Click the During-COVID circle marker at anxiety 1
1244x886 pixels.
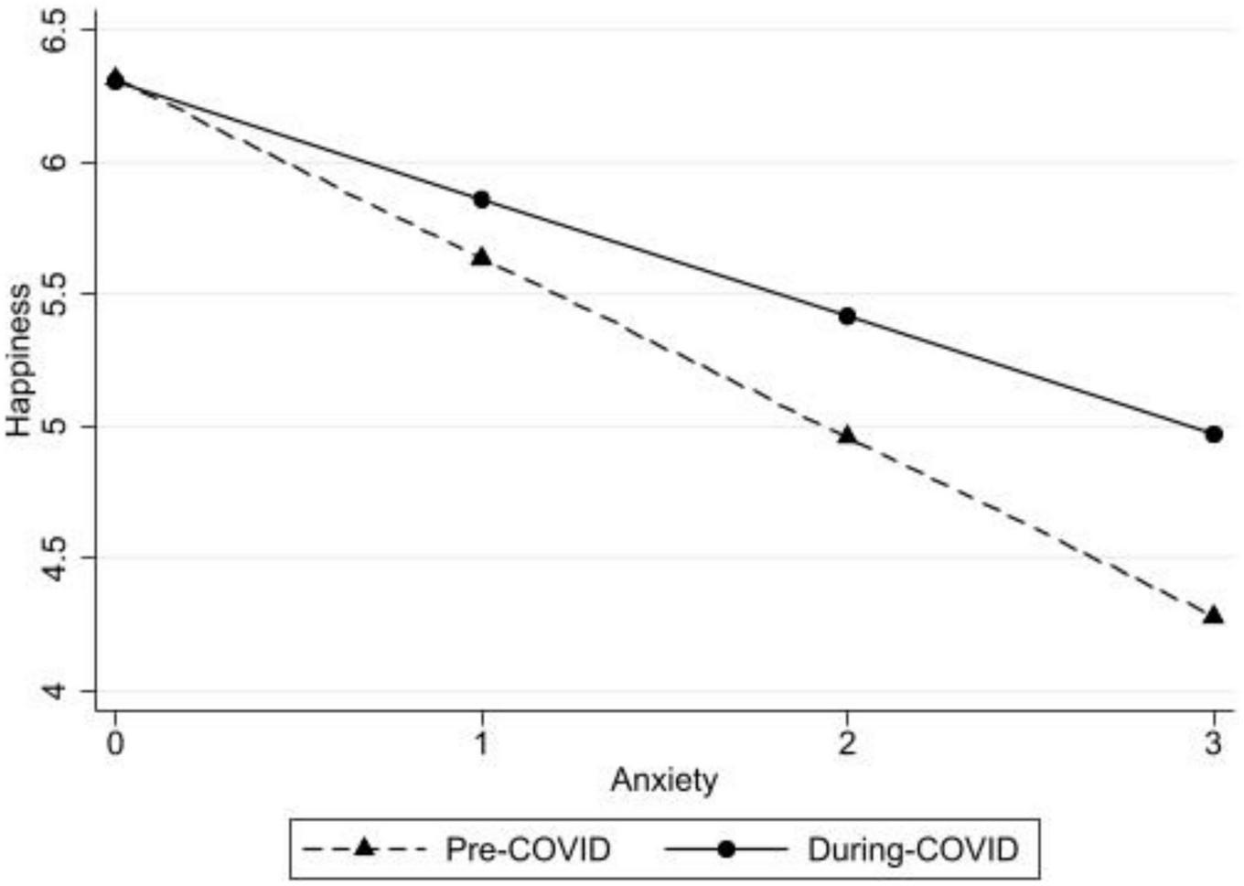click(x=481, y=200)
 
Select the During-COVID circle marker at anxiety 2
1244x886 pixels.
click(x=847, y=316)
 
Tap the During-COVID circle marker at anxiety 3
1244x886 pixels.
click(x=1214, y=434)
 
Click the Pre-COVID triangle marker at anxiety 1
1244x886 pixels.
click(x=481, y=257)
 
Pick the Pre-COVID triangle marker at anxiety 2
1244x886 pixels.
click(x=847, y=436)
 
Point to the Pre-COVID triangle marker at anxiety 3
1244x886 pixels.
click(x=1214, y=615)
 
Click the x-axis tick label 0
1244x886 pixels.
click(x=115, y=742)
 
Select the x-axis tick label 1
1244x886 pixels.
click(x=481, y=742)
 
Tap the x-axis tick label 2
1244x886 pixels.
click(x=847, y=742)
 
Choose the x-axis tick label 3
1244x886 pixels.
click(x=1214, y=742)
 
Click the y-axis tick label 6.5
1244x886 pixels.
click(x=57, y=30)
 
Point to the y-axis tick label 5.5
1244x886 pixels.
click(x=57, y=294)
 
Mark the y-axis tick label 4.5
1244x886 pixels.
click(x=57, y=557)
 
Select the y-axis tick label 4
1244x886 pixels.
click(x=57, y=689)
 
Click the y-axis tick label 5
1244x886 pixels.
click(x=57, y=427)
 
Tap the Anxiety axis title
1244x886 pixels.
click(x=664, y=781)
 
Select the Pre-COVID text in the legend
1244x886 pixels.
click(x=528, y=849)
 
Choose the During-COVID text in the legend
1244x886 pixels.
click(x=912, y=849)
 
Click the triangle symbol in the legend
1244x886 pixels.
click(x=365, y=848)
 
